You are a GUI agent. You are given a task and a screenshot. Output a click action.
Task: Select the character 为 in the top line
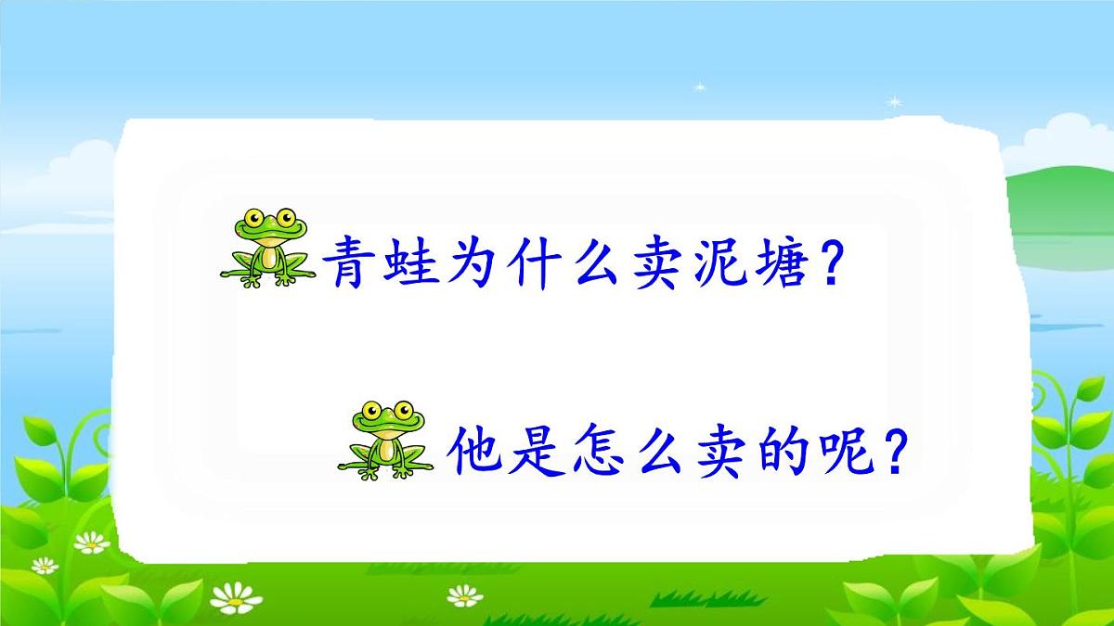[x=470, y=263]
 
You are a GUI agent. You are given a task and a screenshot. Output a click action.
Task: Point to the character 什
[x=530, y=263]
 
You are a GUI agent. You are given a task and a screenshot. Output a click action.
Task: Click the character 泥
[x=711, y=263]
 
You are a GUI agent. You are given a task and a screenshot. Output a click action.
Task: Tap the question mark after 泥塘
[x=829, y=263]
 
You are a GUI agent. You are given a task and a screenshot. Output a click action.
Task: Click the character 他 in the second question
[x=476, y=453]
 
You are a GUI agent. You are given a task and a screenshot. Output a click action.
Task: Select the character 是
[x=537, y=453]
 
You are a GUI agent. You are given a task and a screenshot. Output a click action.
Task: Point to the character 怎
[x=597, y=453]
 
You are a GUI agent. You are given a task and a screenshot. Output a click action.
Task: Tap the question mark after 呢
[x=893, y=453]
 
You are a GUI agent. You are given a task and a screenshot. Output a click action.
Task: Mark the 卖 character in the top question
[x=651, y=263]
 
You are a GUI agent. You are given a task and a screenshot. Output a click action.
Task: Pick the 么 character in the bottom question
[x=657, y=453]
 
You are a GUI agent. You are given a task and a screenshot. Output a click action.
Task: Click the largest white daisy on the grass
[x=236, y=597]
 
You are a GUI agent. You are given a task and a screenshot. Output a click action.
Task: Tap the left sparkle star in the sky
[x=698, y=87]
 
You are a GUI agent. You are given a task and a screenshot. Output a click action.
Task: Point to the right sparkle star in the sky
[x=895, y=100]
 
